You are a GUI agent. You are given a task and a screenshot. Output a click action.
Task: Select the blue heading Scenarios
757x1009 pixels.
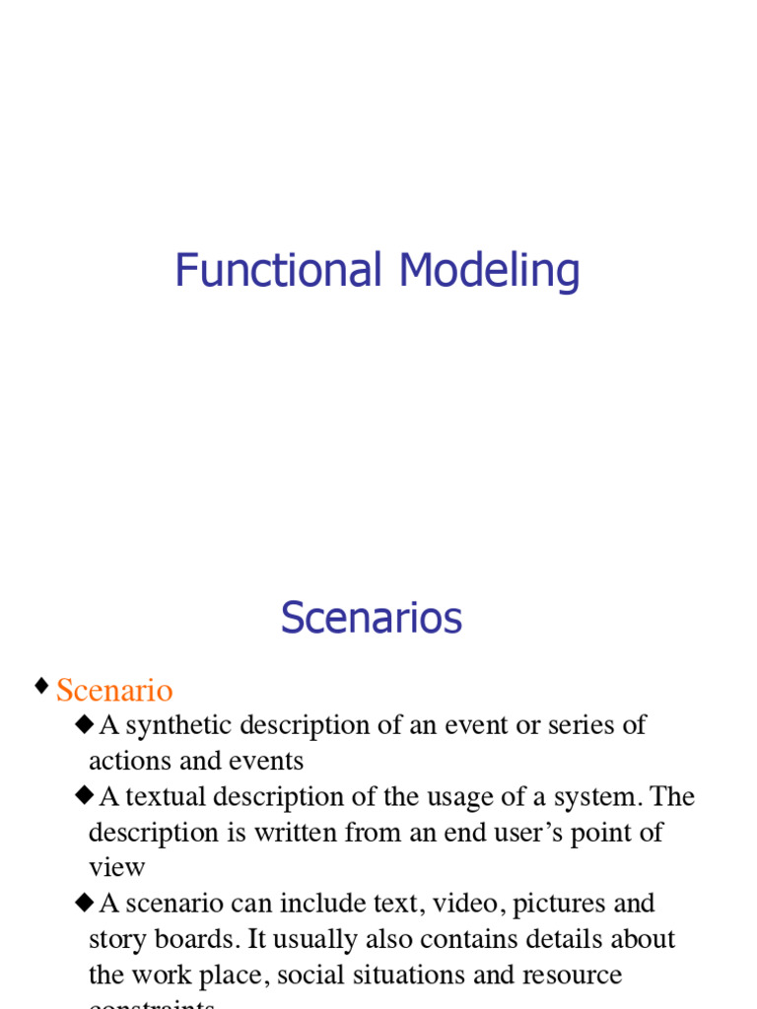(372, 619)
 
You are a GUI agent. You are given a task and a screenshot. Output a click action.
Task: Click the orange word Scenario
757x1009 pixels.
(114, 691)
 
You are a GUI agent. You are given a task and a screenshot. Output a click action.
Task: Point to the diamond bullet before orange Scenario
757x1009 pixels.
(41, 686)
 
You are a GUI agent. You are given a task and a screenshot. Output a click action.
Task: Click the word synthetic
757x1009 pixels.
(179, 726)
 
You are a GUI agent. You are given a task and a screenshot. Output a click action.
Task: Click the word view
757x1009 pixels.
(116, 867)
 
